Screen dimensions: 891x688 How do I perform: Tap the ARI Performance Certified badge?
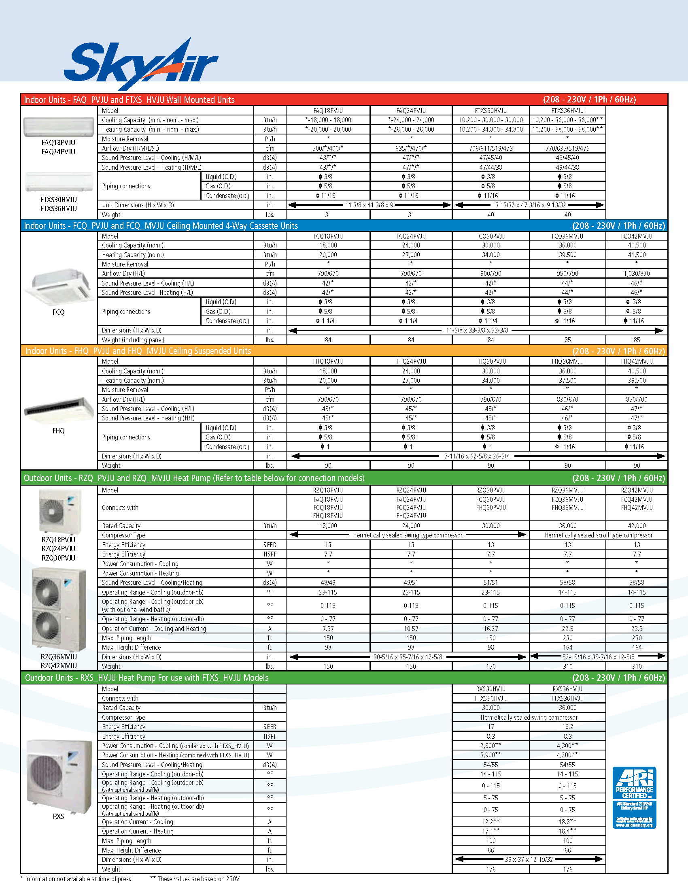[634, 797]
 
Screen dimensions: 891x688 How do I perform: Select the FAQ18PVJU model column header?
[328, 111]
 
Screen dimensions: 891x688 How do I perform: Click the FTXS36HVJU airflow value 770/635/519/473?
[567, 149]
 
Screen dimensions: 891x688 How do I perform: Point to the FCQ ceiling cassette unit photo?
[59, 286]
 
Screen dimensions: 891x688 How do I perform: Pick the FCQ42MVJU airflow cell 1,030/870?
[636, 274]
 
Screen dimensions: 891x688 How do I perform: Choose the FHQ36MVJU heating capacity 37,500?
[567, 381]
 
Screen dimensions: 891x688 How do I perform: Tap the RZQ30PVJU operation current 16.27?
[491, 629]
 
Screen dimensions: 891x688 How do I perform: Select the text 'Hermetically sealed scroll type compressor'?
[598, 535]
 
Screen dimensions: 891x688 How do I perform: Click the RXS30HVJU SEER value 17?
[491, 727]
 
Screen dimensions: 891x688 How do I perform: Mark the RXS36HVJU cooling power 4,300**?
[567, 746]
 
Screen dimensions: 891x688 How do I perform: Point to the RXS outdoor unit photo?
[59, 777]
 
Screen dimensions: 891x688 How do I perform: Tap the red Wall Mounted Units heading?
[129, 100]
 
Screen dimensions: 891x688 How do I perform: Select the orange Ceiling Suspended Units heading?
[138, 351]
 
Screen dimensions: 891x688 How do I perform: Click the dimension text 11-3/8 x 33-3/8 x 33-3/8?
[477, 330]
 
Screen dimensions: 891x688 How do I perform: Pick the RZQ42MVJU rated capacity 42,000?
[636, 526]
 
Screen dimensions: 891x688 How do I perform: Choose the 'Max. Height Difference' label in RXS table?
[131, 850]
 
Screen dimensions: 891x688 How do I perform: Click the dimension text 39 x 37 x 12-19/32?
[529, 859]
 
